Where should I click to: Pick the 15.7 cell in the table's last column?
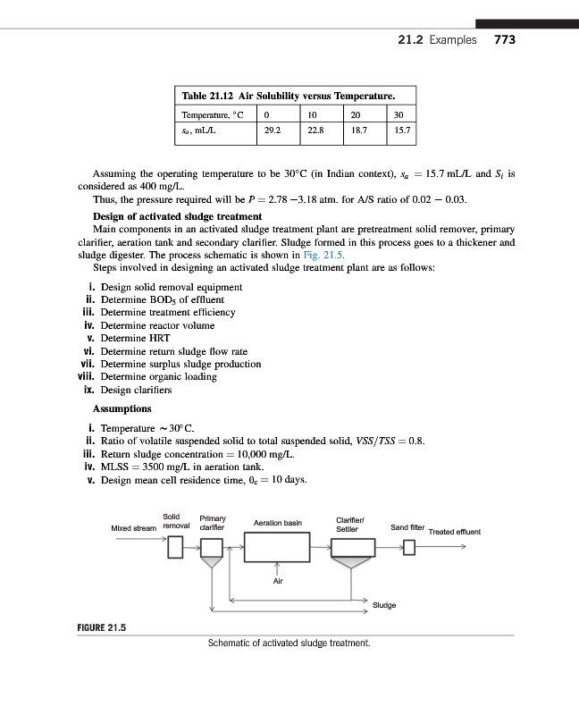click(402, 130)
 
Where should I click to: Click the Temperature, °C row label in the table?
click(214, 114)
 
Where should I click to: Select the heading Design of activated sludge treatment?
click(177, 217)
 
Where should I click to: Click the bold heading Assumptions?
click(122, 408)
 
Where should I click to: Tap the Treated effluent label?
click(455, 533)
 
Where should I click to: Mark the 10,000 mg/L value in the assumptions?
click(223, 453)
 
